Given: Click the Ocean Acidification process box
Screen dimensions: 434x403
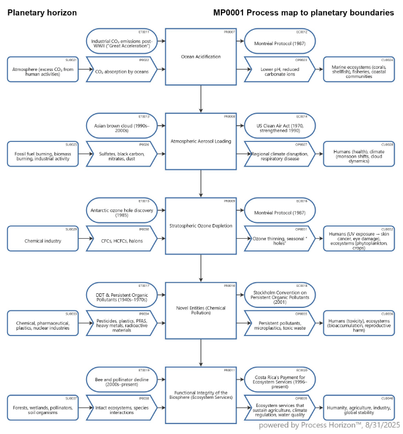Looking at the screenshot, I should (201, 57).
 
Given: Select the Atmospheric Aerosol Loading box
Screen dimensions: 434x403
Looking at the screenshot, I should (201, 141).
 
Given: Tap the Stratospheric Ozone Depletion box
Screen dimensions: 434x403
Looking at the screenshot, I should (201, 226).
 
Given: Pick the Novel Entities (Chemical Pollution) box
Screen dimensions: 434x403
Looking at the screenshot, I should (201, 310).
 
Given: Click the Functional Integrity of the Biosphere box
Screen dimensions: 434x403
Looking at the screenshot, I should (201, 395).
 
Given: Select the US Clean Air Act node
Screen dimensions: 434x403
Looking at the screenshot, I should (280, 126).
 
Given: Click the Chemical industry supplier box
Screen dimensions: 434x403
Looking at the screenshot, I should (43, 240).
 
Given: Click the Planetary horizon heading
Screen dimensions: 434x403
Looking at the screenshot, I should (42, 12).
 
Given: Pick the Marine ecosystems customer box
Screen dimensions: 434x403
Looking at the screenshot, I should (359, 72).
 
